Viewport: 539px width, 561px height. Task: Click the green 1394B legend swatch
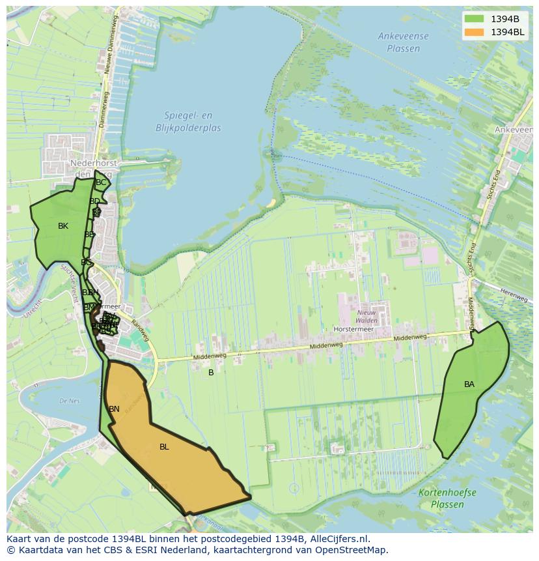pyautogui.click(x=475, y=19)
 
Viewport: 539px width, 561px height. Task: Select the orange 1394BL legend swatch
pyautogui.click(x=475, y=32)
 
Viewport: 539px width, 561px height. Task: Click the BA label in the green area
pyautogui.click(x=469, y=384)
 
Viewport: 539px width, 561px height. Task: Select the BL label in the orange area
pyautogui.click(x=164, y=447)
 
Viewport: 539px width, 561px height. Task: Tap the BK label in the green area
pyautogui.click(x=63, y=226)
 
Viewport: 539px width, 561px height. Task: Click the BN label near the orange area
pyautogui.click(x=114, y=409)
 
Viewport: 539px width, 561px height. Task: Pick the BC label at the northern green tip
pyautogui.click(x=101, y=182)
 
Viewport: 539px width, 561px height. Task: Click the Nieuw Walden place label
pyautogui.click(x=367, y=317)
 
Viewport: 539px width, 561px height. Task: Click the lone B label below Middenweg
pyautogui.click(x=211, y=373)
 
